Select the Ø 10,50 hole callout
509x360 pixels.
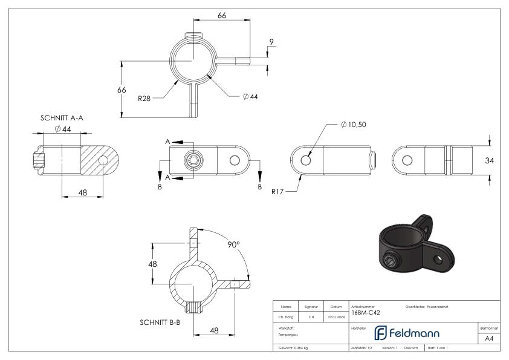pyautogui.click(x=354, y=124)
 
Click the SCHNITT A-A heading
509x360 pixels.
pyautogui.click(x=61, y=118)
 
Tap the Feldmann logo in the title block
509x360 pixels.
pyautogui.click(x=406, y=333)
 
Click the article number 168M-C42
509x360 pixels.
pyautogui.click(x=365, y=313)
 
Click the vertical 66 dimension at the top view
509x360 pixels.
pyautogui.click(x=122, y=89)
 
